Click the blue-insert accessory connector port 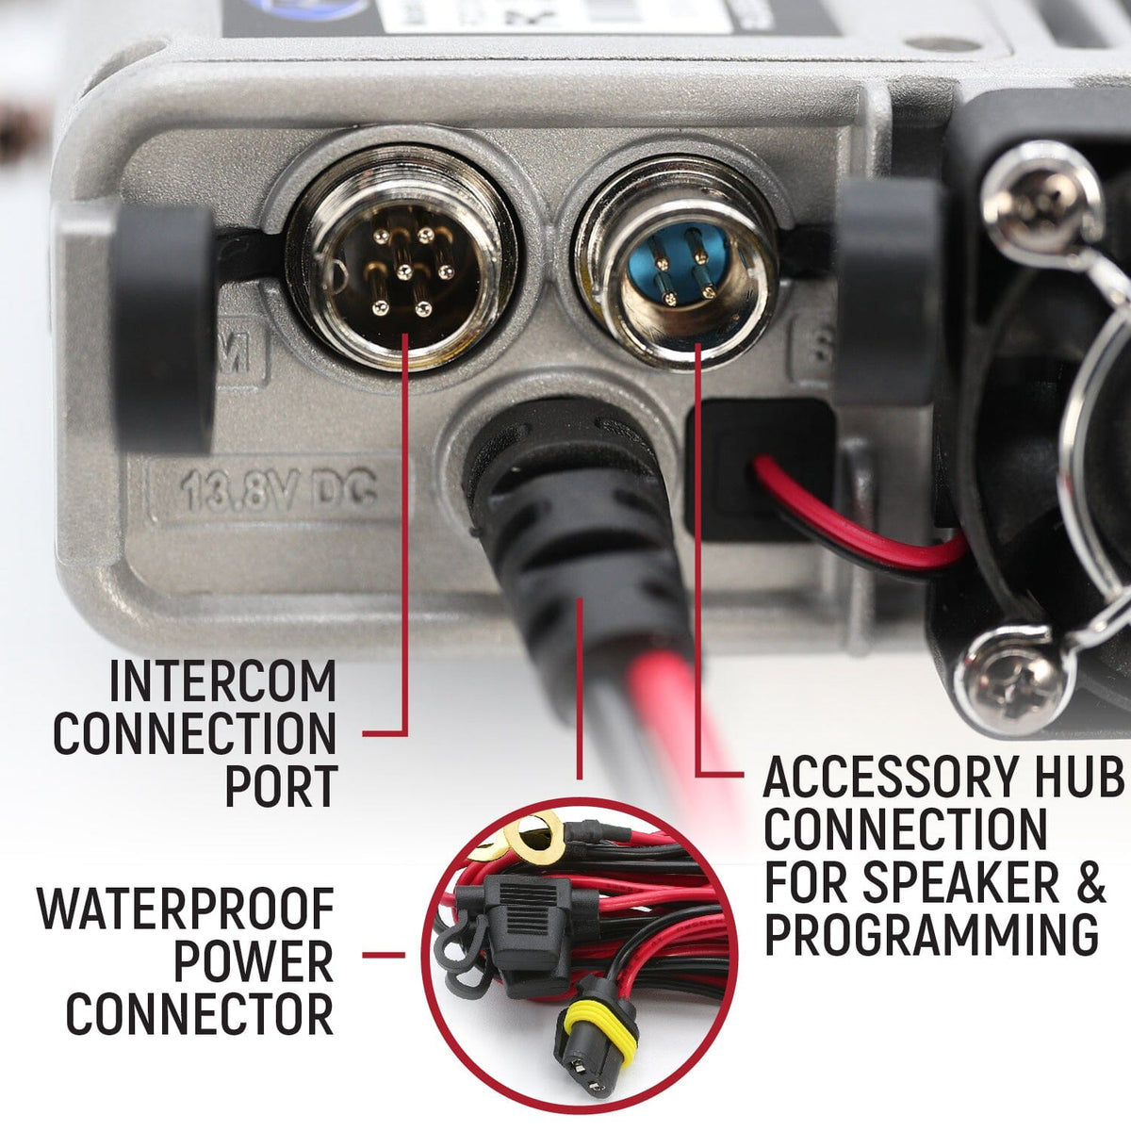click(x=678, y=267)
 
